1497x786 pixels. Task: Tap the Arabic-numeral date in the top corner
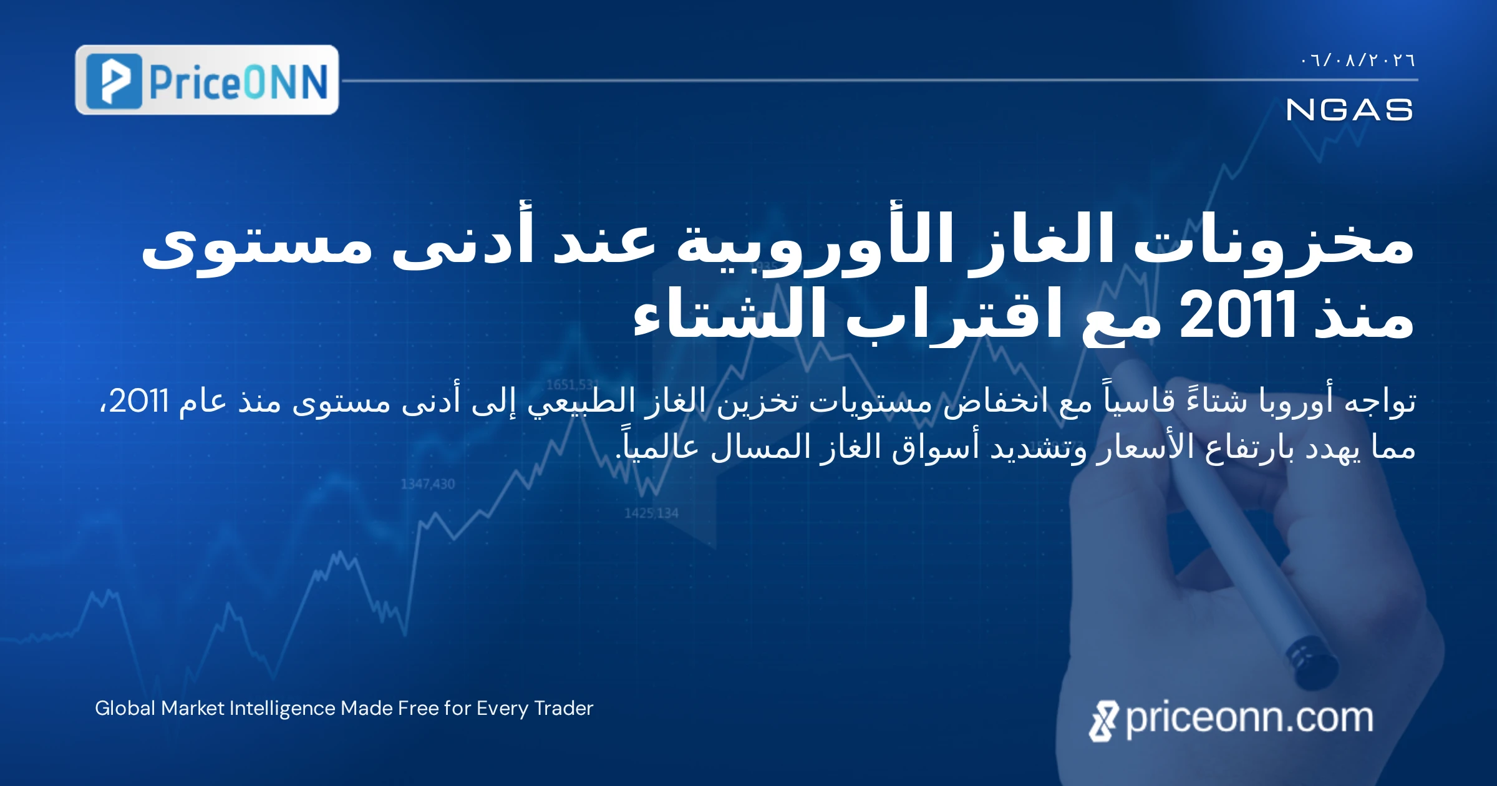(1358, 61)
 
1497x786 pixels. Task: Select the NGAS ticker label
(1349, 110)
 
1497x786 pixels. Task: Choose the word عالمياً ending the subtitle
(657, 446)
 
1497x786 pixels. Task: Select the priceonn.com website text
(1249, 719)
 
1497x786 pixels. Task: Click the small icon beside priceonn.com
(1104, 721)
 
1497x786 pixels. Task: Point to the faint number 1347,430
(428, 483)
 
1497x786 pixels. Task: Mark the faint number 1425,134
(651, 513)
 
